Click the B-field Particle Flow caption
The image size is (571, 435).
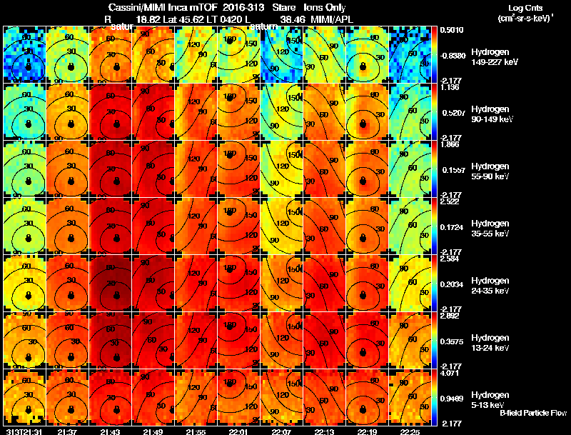coord(532,413)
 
